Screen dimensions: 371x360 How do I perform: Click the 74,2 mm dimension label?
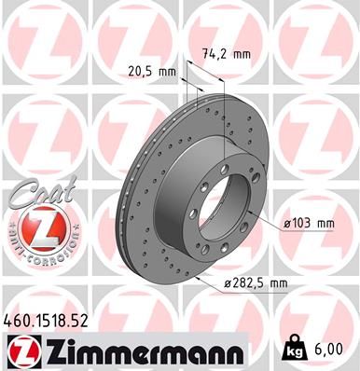click(x=227, y=53)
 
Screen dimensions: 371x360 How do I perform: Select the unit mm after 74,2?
click(x=242, y=53)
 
